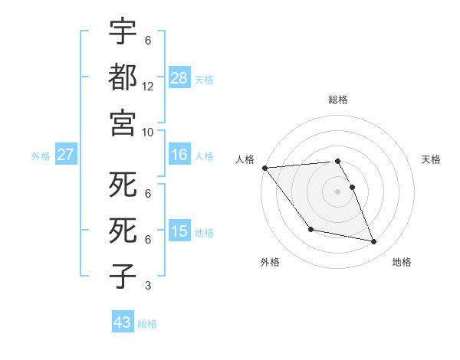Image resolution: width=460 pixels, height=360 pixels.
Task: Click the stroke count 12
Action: (148, 87)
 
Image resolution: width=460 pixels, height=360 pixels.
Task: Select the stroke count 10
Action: (148, 132)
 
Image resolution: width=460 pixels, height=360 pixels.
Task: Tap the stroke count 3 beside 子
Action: (148, 286)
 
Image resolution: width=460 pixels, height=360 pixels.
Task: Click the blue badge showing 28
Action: (179, 78)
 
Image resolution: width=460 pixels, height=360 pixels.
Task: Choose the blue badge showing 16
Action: (179, 155)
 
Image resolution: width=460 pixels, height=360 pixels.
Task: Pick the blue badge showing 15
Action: (179, 231)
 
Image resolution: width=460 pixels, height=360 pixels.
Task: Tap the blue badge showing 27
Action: (66, 155)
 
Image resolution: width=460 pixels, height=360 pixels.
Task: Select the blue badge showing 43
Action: (122, 322)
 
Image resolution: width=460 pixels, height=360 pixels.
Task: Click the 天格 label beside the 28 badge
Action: (204, 80)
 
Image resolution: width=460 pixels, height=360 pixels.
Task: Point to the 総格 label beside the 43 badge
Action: (147, 324)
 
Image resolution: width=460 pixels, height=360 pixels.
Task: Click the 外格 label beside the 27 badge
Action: (41, 156)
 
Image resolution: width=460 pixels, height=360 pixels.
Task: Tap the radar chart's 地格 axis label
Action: (402, 262)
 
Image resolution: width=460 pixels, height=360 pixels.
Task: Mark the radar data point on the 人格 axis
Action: (264, 168)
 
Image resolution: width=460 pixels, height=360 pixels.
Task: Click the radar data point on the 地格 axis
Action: (374, 242)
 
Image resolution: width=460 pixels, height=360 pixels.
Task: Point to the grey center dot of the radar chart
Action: (337, 191)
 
